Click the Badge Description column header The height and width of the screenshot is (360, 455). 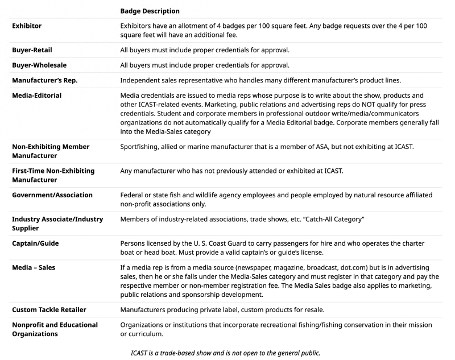[x=150, y=11]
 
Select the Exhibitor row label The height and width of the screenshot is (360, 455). [x=27, y=26]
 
